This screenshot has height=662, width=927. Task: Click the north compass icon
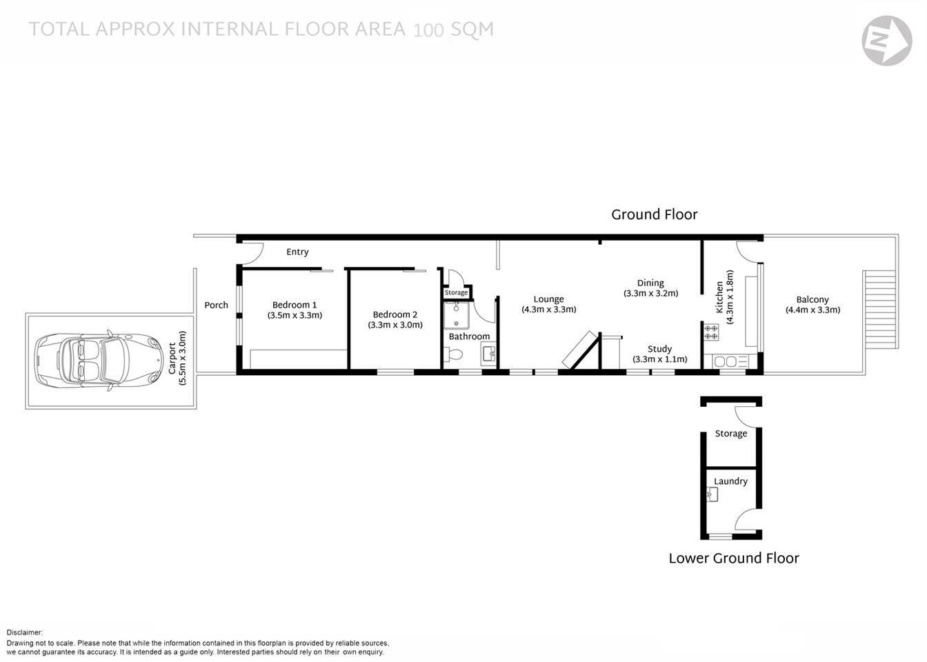click(x=886, y=41)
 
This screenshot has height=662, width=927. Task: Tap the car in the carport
click(x=100, y=359)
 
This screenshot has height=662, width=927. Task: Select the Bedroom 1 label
click(x=295, y=305)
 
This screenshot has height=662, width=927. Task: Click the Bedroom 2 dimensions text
click(x=395, y=325)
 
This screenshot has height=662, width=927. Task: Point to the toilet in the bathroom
click(x=455, y=355)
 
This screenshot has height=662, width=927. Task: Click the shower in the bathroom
click(x=456, y=316)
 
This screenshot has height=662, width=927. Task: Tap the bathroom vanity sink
click(x=488, y=355)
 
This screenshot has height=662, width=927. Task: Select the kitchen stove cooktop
click(x=711, y=332)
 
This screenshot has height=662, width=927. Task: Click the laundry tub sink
click(x=712, y=494)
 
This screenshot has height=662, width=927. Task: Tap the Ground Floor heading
click(x=654, y=214)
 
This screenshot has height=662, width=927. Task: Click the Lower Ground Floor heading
click(x=733, y=559)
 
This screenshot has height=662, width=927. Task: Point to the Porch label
click(x=216, y=305)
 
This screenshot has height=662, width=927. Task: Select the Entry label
click(x=297, y=252)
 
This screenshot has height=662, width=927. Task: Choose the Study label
click(x=659, y=349)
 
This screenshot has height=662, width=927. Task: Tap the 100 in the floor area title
click(x=428, y=30)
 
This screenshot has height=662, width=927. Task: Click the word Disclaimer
click(x=25, y=632)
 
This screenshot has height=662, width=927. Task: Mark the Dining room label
click(x=650, y=283)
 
